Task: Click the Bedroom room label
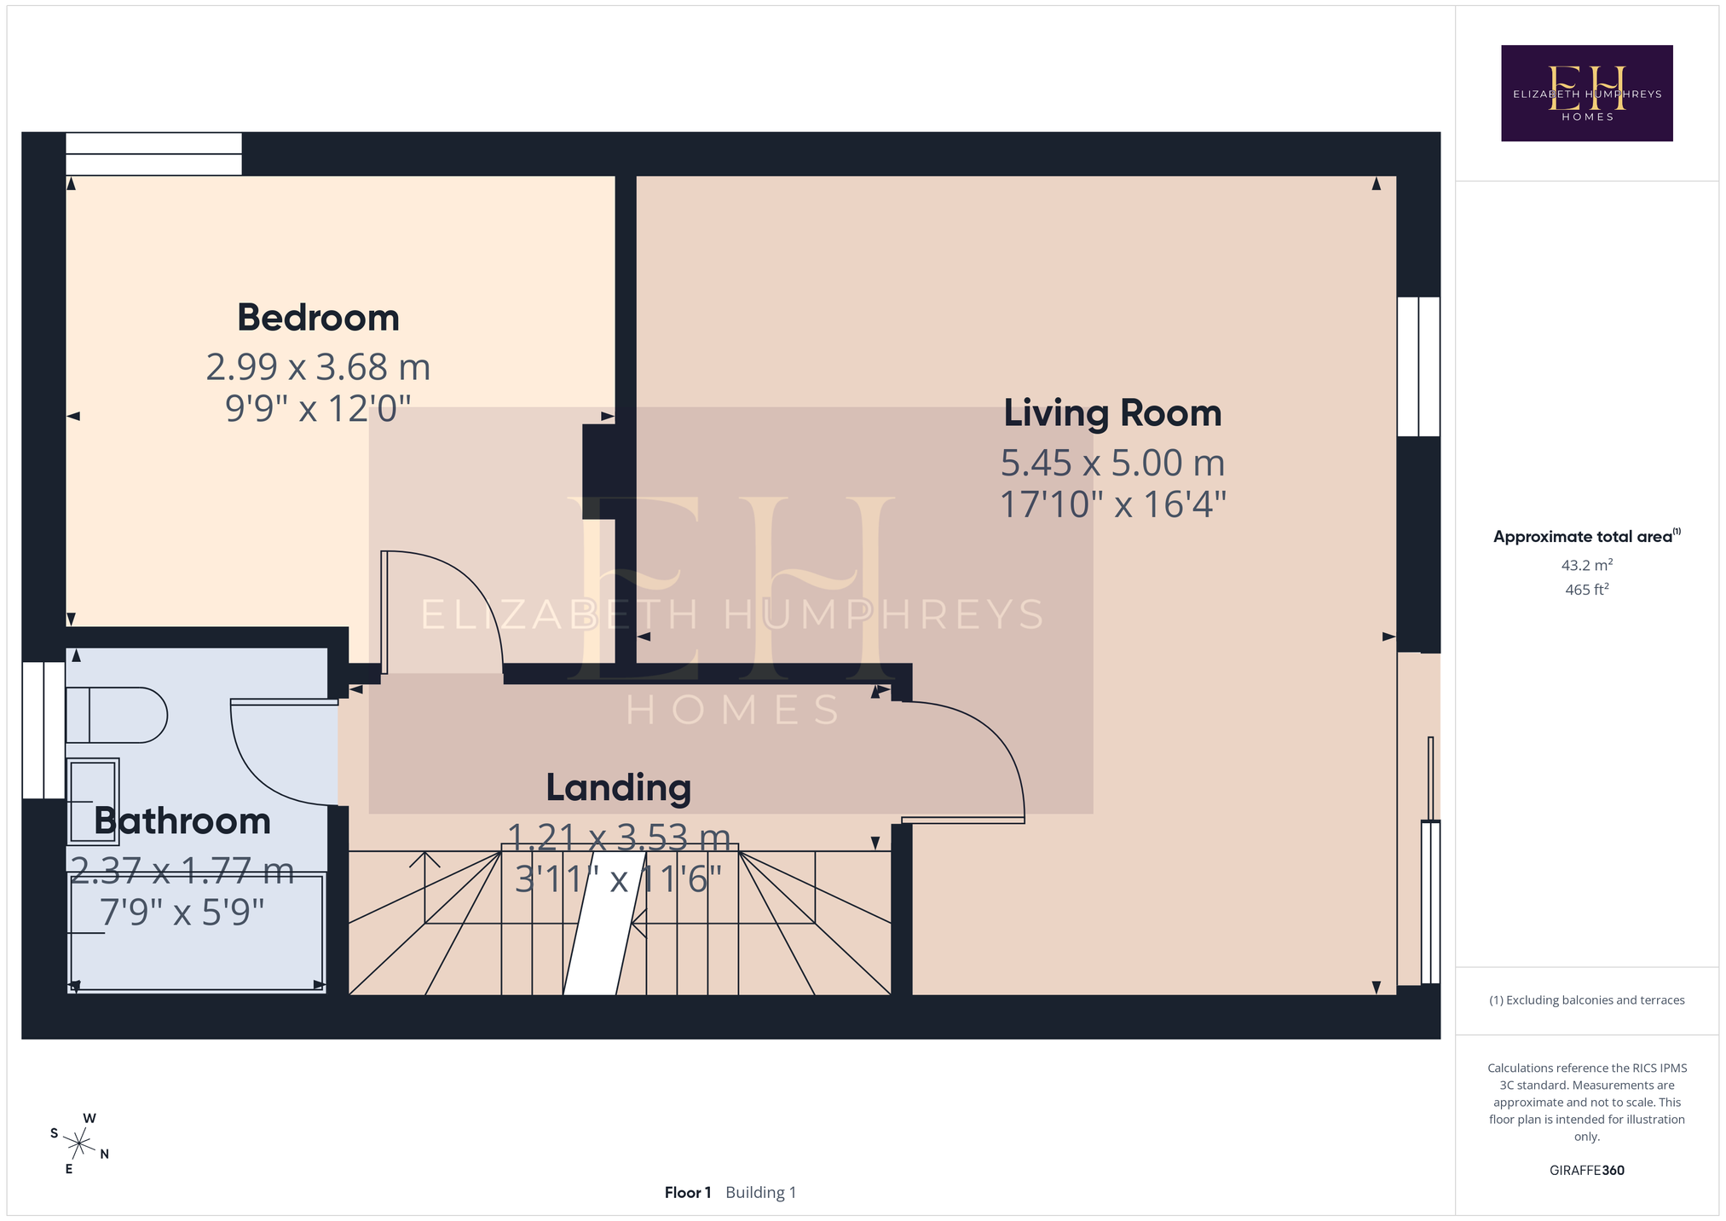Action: pyautogui.click(x=318, y=318)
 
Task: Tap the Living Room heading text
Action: pyautogui.click(x=1112, y=413)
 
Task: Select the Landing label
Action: pyautogui.click(x=618, y=788)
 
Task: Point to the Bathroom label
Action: pyautogui.click(x=182, y=821)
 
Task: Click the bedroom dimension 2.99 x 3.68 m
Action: pyautogui.click(x=318, y=367)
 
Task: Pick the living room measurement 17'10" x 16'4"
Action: pyautogui.click(x=1112, y=504)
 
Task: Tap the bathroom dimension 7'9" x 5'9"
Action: pyautogui.click(x=182, y=913)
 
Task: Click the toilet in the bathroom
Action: pyautogui.click(x=117, y=715)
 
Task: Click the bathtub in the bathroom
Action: pyautogui.click(x=196, y=932)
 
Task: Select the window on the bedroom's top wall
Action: pyautogui.click(x=153, y=154)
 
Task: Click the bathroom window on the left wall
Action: pyautogui.click(x=43, y=730)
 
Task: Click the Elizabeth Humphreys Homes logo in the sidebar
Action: pyautogui.click(x=1586, y=93)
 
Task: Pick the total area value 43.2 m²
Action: pyautogui.click(x=1586, y=565)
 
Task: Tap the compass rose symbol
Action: pyautogui.click(x=79, y=1143)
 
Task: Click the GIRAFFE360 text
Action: pyautogui.click(x=1586, y=1170)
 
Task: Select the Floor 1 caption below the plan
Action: pyautogui.click(x=688, y=1192)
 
